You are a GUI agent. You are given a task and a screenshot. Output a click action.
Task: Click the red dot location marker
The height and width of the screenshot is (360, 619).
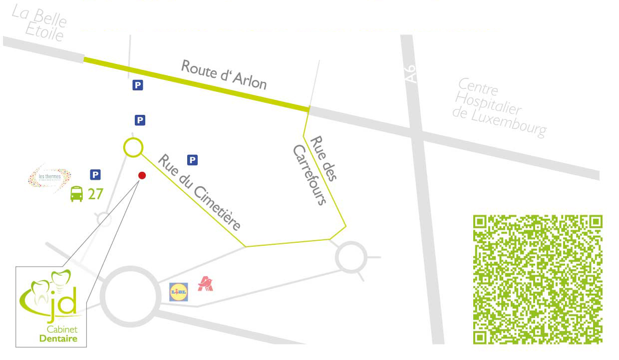click(142, 175)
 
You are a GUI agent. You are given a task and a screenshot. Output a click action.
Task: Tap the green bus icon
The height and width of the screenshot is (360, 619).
click(76, 194)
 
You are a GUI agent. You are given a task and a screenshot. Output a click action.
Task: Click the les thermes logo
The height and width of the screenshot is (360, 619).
click(49, 177)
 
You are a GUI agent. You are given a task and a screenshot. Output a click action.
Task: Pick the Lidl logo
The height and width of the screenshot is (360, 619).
click(179, 292)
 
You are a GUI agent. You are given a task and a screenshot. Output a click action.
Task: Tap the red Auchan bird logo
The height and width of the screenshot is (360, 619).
click(205, 283)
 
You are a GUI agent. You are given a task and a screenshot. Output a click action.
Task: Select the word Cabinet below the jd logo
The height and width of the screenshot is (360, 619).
click(58, 330)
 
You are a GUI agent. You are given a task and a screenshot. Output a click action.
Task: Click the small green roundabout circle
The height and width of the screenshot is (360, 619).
click(133, 147)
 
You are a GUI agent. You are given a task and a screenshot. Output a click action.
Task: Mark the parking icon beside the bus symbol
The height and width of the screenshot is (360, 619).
click(95, 175)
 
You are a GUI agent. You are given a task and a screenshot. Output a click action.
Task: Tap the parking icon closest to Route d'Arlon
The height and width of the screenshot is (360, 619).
click(137, 85)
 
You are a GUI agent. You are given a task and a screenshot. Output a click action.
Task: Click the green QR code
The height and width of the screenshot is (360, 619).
click(538, 280)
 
